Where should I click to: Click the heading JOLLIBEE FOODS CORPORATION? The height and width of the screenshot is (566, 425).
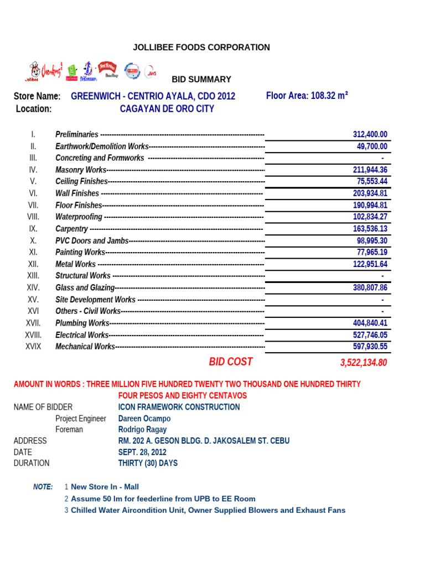click(201, 48)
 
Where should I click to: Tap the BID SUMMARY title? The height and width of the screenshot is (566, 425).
click(201, 80)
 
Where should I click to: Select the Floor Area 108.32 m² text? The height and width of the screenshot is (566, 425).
click(307, 96)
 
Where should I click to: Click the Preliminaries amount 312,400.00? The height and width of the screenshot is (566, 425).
click(370, 134)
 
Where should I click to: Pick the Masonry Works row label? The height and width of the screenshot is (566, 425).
click(80, 170)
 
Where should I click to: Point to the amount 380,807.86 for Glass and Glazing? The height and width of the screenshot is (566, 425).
click(370, 287)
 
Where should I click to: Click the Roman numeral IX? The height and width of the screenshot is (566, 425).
click(33, 229)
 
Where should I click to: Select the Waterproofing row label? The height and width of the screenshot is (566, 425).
click(79, 217)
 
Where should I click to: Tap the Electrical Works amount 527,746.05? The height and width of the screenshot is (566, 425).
click(370, 335)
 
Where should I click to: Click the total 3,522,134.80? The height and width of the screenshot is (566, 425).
click(363, 363)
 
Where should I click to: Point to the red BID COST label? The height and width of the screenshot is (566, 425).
click(230, 362)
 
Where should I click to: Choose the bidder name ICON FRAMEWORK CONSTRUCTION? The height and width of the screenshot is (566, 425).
click(179, 407)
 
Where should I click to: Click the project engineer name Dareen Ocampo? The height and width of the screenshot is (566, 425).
click(144, 418)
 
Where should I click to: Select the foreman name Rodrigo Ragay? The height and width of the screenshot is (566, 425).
click(142, 429)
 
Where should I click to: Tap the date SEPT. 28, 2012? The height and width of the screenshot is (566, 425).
click(142, 452)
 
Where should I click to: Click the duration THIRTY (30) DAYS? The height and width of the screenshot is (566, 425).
click(148, 463)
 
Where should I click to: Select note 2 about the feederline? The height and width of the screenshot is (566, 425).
click(163, 499)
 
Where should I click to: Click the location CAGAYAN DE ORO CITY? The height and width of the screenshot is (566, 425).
click(167, 109)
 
